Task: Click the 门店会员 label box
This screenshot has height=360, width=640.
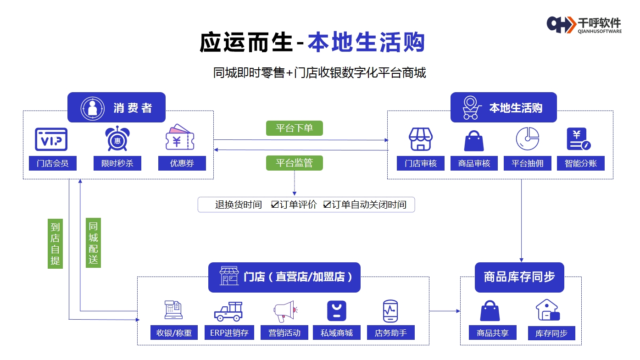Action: point(52,163)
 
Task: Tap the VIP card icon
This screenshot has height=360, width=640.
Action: point(51,139)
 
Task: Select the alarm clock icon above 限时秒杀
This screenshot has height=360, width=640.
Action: point(117,138)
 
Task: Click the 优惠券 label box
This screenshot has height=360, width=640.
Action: point(182,163)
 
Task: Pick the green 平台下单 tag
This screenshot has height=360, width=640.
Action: point(294,128)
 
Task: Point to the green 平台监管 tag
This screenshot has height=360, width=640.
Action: point(294,163)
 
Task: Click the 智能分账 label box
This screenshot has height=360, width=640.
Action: point(580,163)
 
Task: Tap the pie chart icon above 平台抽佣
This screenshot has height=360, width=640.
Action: point(527,139)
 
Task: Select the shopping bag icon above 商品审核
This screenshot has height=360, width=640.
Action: point(474,140)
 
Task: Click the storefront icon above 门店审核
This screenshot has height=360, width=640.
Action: point(421,139)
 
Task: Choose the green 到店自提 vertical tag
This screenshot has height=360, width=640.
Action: point(55,243)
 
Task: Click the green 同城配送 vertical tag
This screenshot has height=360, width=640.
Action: point(93,243)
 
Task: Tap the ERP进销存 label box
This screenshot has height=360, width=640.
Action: point(229,333)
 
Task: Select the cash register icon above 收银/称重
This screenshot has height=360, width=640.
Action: point(174,310)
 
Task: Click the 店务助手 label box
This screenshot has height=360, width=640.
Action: point(390,333)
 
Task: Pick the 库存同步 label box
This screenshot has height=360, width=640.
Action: point(551,333)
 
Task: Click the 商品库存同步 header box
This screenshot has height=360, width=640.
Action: point(519,277)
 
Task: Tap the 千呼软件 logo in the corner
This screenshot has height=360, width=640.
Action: point(584,24)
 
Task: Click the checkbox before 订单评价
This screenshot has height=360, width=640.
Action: point(275,205)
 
